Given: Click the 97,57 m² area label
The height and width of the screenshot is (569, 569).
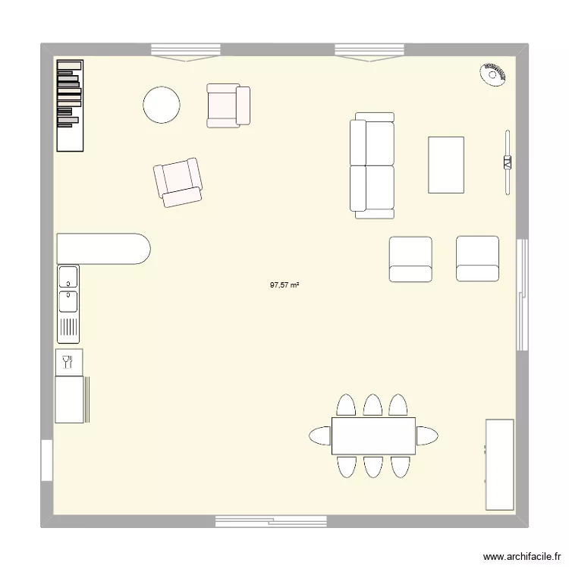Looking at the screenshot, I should click(x=284, y=286).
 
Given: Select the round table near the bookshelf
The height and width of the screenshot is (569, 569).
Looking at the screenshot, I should click(x=161, y=105).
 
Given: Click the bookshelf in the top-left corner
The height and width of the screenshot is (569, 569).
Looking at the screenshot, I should click(x=69, y=105).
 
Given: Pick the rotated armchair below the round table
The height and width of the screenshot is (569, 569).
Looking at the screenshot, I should click(x=178, y=182).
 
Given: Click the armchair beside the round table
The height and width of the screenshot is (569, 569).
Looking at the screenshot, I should click(x=228, y=105).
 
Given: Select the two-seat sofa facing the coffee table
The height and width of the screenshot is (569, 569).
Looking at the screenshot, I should click(x=372, y=165).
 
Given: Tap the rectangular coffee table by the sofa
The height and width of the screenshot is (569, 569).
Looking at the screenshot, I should click(x=446, y=165).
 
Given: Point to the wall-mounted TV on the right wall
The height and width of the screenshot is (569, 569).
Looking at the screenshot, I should click(x=507, y=162).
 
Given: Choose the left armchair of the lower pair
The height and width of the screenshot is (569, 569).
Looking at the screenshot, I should click(x=410, y=259).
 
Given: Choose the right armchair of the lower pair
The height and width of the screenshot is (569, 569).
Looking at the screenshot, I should click(x=477, y=259).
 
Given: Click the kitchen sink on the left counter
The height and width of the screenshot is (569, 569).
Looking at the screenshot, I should click(x=68, y=291).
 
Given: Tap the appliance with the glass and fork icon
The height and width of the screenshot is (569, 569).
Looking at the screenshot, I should click(x=68, y=362).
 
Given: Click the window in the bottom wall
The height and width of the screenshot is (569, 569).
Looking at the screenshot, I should click(x=271, y=521).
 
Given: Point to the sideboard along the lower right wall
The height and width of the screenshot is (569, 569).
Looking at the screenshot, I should click(x=500, y=464).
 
